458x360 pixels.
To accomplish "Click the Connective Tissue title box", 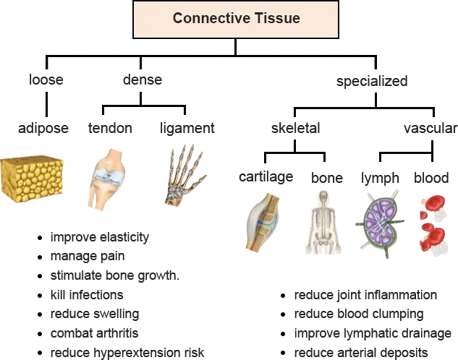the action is [236, 20].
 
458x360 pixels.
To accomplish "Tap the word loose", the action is [46, 80].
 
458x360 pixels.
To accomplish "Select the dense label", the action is [143, 80].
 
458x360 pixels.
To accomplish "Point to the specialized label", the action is [372, 82].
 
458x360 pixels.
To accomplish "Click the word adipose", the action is [43, 129].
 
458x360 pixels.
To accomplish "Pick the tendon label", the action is [110, 128].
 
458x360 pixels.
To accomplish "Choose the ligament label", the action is [187, 129].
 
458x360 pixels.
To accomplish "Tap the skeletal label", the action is [296, 128].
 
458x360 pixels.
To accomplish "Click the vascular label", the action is [431, 128].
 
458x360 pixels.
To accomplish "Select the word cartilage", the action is [266, 177].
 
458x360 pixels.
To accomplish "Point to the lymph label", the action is [380, 179].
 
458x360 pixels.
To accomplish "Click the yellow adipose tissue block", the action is [32, 179].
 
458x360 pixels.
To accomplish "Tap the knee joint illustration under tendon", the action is [106, 179].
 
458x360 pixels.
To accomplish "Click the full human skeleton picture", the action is [323, 223].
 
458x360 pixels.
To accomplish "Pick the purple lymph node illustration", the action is [380, 223].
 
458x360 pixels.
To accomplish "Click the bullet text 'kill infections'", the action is [87, 295].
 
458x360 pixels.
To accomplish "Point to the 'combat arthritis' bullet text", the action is [94, 333].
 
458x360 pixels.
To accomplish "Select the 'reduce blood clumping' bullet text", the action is [359, 314].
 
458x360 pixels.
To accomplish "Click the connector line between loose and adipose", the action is [47, 104].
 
